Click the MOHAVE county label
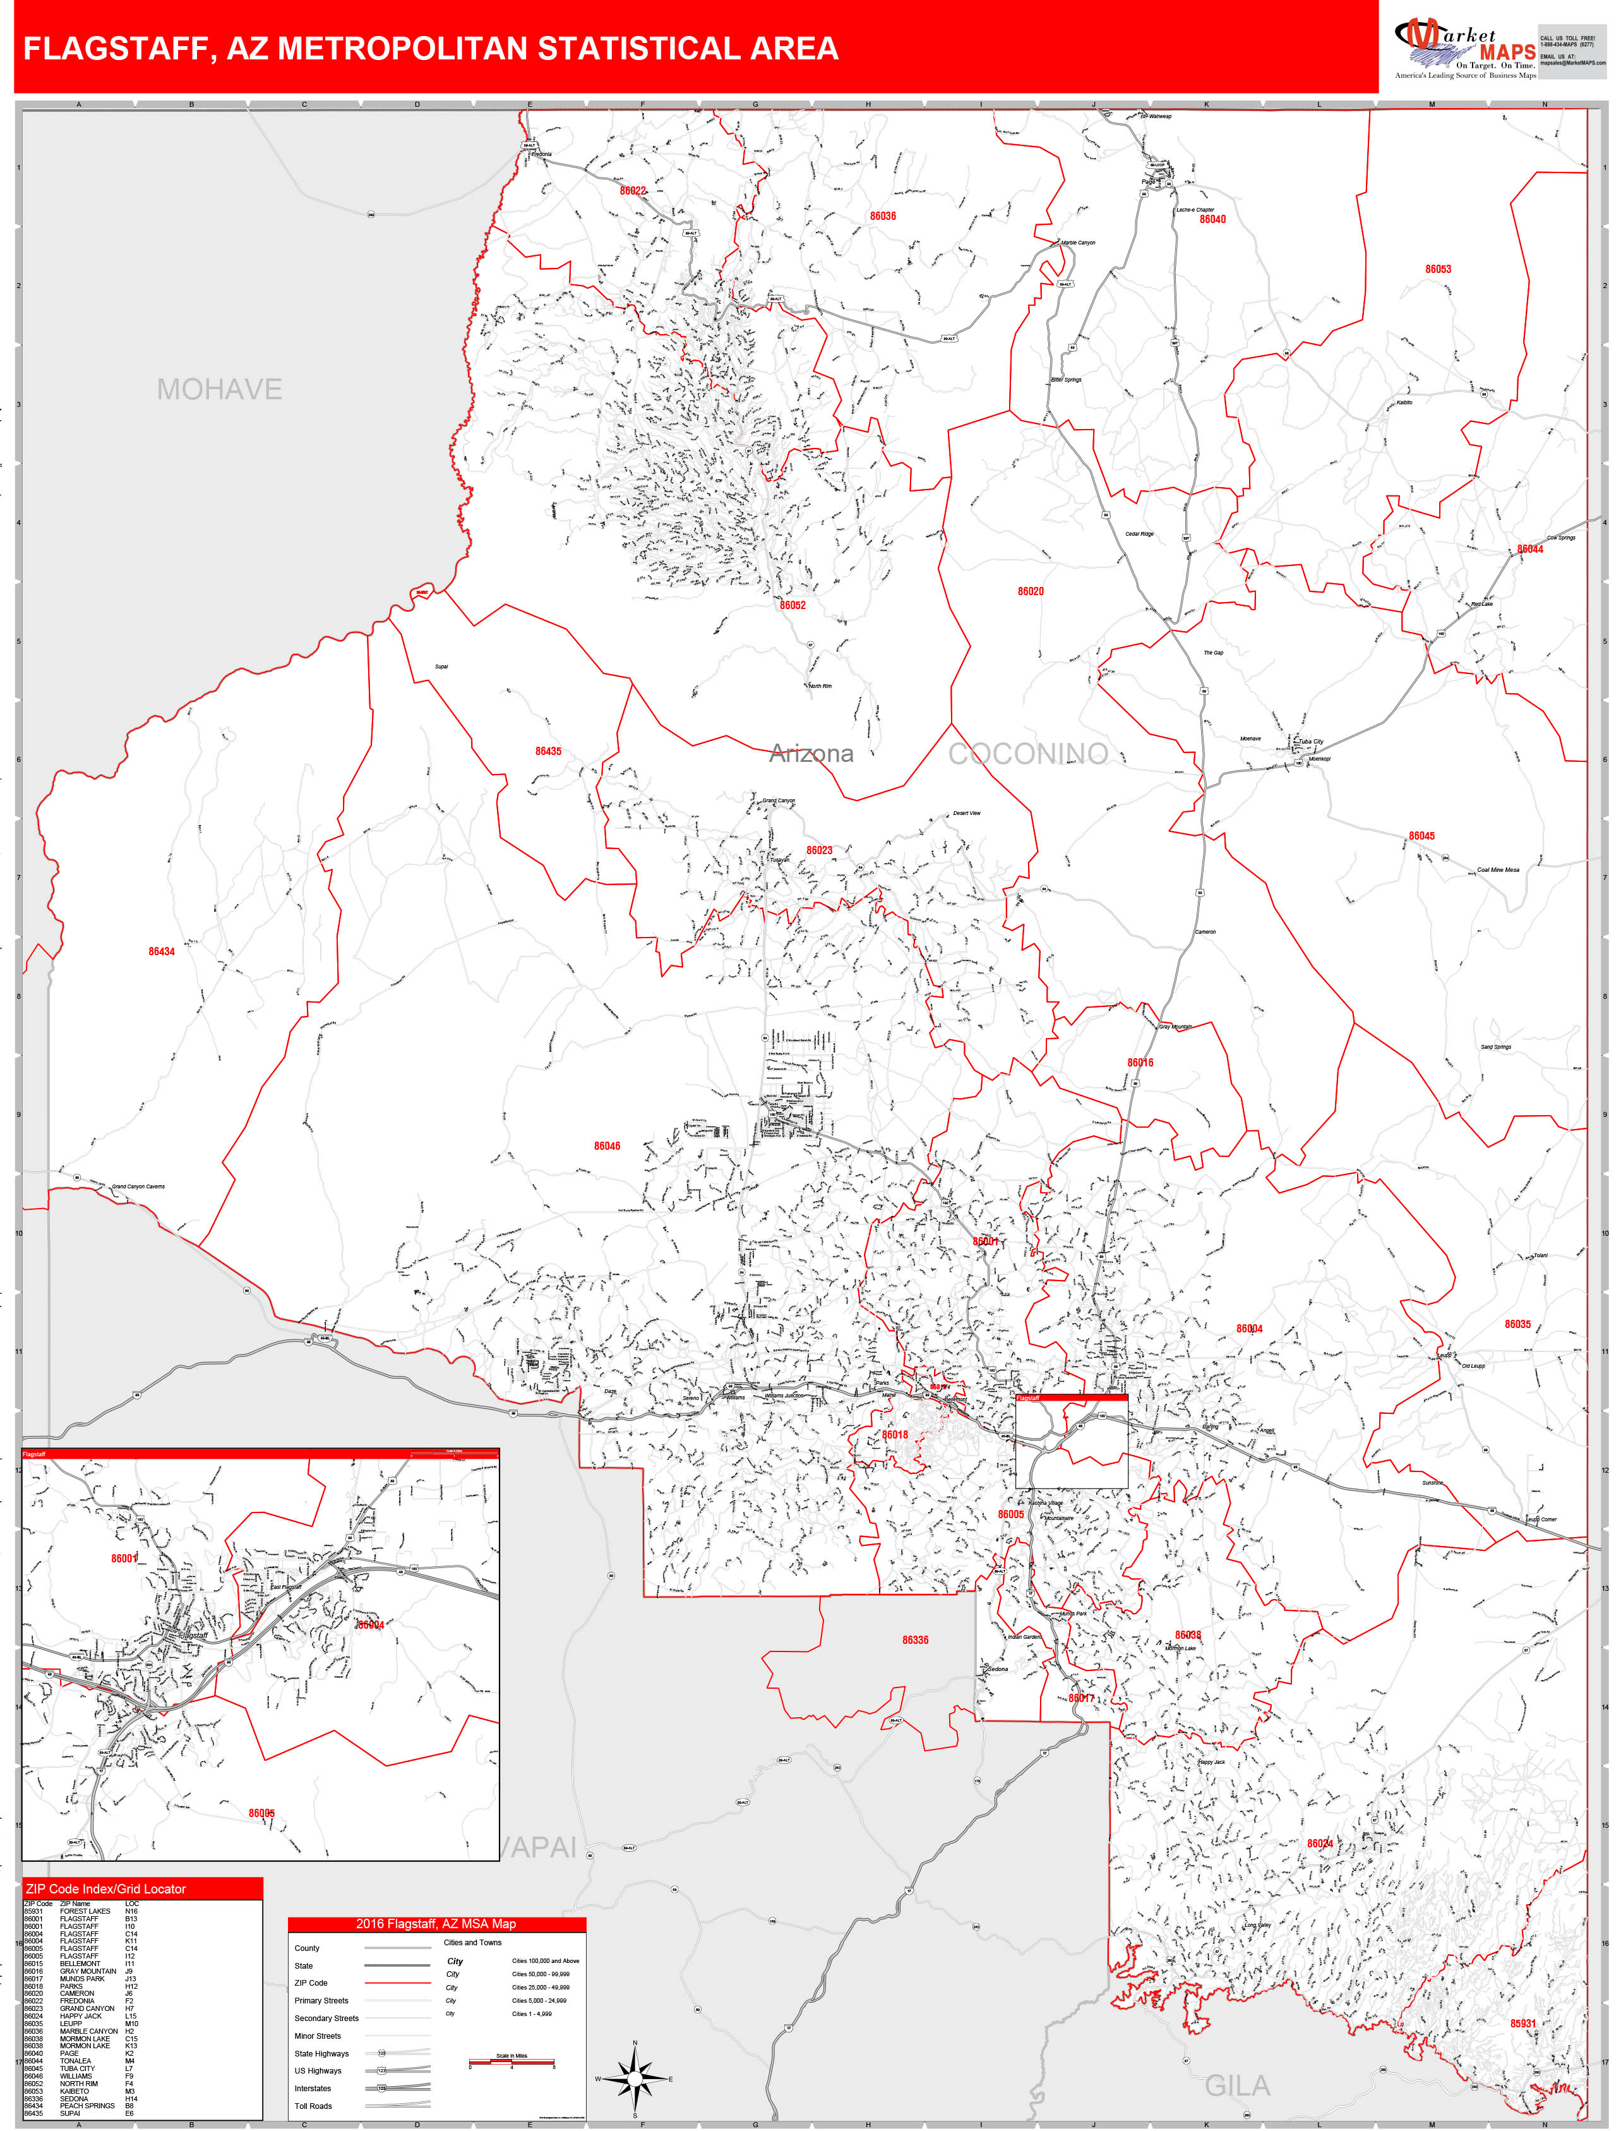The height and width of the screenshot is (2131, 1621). pyautogui.click(x=219, y=389)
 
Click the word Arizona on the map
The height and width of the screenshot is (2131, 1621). pyautogui.click(x=811, y=754)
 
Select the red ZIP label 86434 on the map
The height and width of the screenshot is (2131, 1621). pyautogui.click(x=161, y=951)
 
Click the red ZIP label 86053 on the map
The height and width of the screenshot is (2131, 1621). pyautogui.click(x=1438, y=269)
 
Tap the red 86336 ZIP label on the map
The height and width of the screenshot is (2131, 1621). pyautogui.click(x=915, y=1639)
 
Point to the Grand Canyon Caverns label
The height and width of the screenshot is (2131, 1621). pyautogui.click(x=138, y=1186)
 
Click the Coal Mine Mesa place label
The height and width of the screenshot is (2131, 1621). pyautogui.click(x=1497, y=869)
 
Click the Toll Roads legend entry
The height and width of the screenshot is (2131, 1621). pyautogui.click(x=313, y=2106)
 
